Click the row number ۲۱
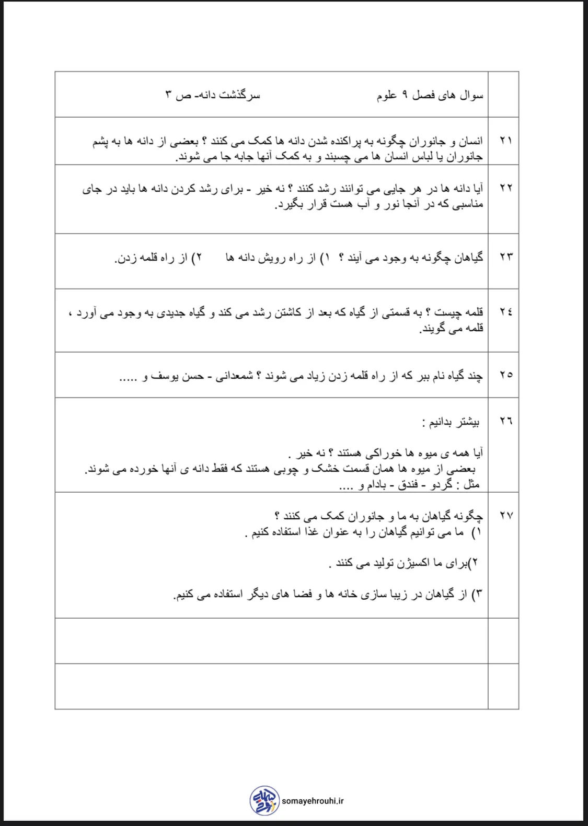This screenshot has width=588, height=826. (505, 140)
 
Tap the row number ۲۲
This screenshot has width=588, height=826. (505, 188)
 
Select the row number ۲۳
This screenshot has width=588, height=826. (505, 257)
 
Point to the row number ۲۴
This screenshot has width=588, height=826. (505, 312)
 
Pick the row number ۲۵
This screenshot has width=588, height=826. (505, 375)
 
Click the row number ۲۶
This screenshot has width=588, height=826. (505, 421)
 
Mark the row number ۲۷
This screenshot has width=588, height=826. (505, 515)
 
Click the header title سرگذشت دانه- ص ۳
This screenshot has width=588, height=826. (213, 95)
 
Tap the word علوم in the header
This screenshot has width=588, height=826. (387, 95)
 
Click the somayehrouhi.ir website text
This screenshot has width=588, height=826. (313, 801)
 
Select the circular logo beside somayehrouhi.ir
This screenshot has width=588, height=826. (265, 800)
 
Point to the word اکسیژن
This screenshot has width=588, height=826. (406, 563)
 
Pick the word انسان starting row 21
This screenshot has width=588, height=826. (469, 141)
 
